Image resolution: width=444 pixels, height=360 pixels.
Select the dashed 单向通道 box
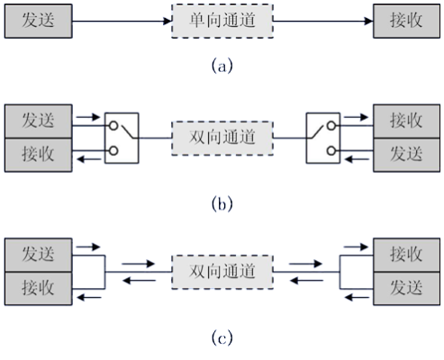(222, 20)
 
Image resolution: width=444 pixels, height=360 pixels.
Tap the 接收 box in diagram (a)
(404, 20)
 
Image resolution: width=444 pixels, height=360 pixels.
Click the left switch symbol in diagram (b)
(121, 138)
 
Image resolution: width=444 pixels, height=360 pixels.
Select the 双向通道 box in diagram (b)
(222, 138)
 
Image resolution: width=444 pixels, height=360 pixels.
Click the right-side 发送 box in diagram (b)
(404, 153)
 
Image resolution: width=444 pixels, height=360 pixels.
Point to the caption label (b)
(222, 204)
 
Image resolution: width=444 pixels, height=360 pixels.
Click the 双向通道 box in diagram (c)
(222, 270)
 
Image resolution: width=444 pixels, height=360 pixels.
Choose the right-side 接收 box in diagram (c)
(404, 253)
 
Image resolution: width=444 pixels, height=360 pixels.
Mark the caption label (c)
(222, 338)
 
